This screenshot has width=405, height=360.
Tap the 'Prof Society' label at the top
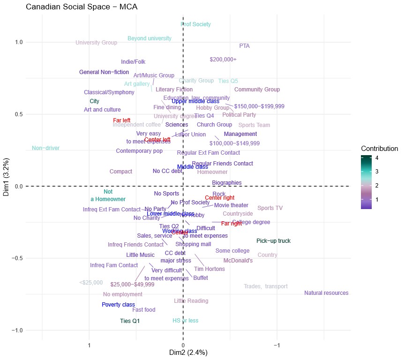point(196,24)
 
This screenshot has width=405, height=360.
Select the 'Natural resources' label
point(326,293)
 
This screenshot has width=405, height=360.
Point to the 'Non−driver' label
point(46,148)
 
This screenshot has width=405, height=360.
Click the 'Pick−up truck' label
point(274,241)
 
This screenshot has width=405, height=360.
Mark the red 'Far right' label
point(232,224)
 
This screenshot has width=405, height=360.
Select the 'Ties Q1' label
point(130,321)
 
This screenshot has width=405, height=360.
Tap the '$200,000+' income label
point(223,60)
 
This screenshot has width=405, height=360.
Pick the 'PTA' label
point(244,46)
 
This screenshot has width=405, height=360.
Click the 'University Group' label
point(97,43)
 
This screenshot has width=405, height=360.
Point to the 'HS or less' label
point(186,321)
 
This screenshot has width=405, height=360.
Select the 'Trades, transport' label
point(266,286)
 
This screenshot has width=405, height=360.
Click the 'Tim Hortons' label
point(210,269)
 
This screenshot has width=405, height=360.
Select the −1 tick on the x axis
point(277,345)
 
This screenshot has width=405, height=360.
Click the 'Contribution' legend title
point(379,149)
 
